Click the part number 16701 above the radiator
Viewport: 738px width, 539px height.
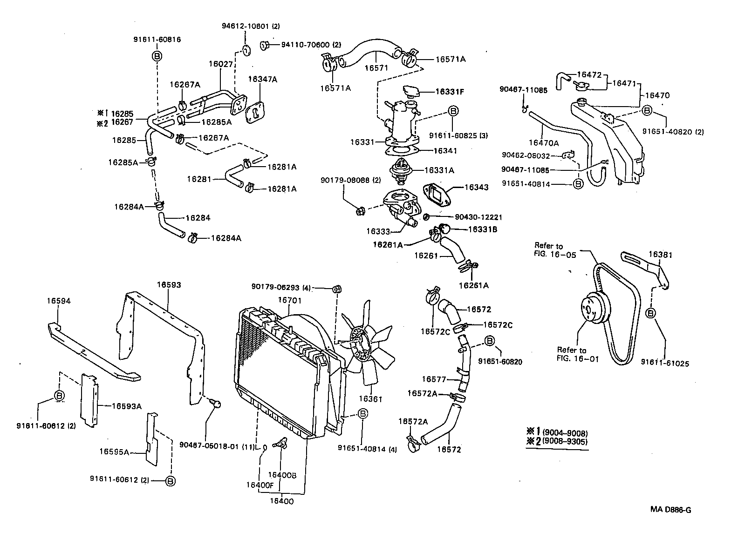point(290,300)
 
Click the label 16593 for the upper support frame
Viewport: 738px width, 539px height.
point(169,284)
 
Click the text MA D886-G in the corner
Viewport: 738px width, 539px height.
point(670,509)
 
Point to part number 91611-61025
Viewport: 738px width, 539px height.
point(665,363)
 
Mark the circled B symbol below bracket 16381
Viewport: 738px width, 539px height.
point(651,313)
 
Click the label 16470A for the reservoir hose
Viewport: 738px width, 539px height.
point(543,143)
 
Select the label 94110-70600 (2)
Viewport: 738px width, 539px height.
point(311,45)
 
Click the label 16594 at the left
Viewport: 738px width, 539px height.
point(58,301)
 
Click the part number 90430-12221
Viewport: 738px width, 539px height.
point(472,217)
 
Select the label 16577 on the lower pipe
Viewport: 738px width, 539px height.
point(434,379)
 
